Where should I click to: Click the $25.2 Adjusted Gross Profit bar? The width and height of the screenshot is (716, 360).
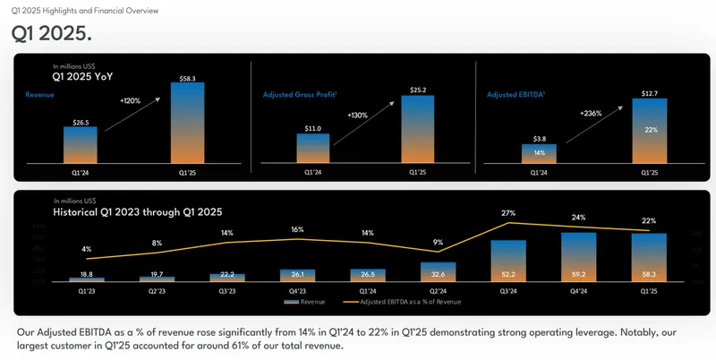(x=418, y=129)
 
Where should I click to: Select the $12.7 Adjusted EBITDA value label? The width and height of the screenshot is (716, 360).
(x=650, y=93)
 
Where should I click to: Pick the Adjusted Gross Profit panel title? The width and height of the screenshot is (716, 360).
(x=299, y=93)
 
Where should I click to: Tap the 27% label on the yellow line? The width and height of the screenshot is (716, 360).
(x=508, y=213)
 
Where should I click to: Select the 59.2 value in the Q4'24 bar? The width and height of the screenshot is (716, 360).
(x=579, y=274)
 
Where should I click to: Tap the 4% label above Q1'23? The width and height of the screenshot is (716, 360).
(x=86, y=249)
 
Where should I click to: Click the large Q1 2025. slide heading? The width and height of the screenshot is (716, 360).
(x=52, y=33)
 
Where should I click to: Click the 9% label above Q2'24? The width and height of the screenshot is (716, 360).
(x=438, y=242)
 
